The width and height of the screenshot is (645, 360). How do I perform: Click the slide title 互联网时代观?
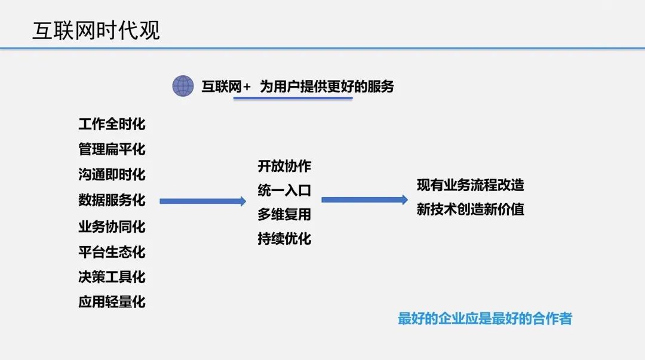click(96, 31)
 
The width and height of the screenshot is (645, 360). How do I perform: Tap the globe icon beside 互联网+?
click(183, 86)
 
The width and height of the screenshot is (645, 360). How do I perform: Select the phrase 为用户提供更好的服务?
click(327, 87)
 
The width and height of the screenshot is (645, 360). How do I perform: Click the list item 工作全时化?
click(112, 124)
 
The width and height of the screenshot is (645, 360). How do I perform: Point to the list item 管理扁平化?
click(112, 149)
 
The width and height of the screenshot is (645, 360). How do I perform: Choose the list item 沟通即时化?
click(112, 175)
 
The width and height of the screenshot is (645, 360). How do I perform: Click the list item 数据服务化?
click(112, 201)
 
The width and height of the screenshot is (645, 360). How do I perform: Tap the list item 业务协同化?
click(112, 227)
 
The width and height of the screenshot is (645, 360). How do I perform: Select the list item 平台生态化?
click(112, 252)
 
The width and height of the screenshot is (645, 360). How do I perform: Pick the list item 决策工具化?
click(112, 277)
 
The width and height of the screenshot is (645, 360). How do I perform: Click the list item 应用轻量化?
click(112, 302)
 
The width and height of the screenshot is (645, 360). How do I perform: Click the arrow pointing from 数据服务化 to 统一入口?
click(202, 202)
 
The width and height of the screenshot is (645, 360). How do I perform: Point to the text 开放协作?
click(284, 166)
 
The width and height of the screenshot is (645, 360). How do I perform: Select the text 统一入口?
click(284, 191)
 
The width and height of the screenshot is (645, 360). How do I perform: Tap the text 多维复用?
click(284, 214)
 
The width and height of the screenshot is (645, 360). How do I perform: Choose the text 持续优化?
click(284, 239)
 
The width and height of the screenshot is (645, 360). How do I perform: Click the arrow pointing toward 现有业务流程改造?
click(364, 199)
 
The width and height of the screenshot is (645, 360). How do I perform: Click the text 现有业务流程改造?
click(470, 185)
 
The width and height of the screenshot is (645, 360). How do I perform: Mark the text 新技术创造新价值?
click(470, 210)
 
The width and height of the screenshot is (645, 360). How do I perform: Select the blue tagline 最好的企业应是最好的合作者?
click(484, 319)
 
